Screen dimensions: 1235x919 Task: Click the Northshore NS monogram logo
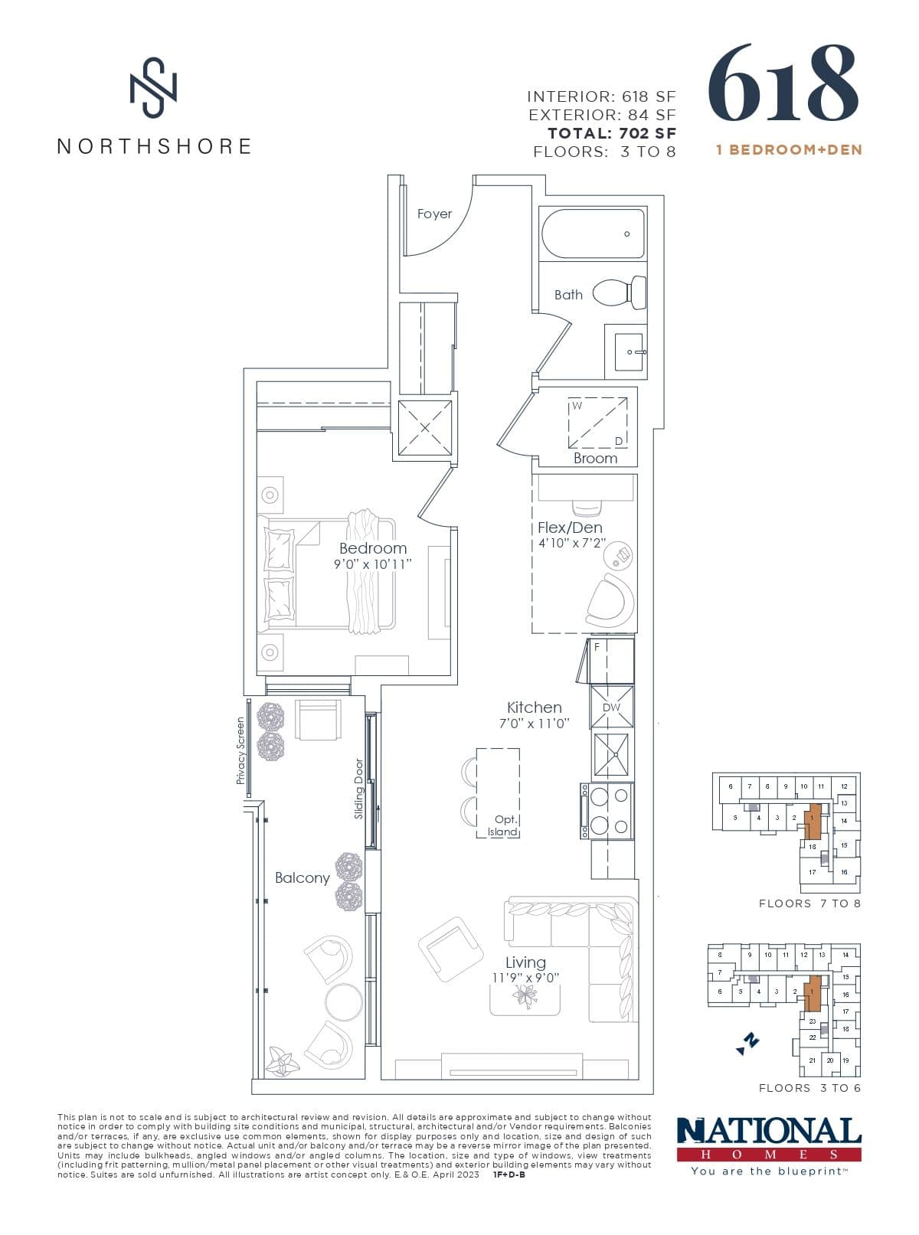point(153,87)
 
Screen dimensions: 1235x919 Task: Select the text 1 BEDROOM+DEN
point(789,150)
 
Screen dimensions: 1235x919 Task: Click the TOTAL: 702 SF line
point(612,133)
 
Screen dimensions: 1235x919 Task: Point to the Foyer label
point(434,214)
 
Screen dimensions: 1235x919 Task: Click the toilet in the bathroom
point(620,293)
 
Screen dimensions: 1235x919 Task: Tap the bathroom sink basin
point(627,351)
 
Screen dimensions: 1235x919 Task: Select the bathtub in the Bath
point(591,234)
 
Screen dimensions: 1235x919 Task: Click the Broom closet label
point(595,458)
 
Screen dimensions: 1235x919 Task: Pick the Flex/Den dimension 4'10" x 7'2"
point(571,544)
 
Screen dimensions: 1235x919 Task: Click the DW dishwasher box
point(611,707)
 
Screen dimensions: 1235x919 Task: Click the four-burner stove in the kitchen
point(608,811)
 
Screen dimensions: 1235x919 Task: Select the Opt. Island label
point(504,825)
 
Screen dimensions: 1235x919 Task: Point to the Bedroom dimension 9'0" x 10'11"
point(372,564)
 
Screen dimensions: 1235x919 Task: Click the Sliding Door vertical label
point(359,789)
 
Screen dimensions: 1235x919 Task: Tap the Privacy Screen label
point(240,750)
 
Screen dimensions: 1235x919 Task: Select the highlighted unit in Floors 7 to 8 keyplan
point(813,821)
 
